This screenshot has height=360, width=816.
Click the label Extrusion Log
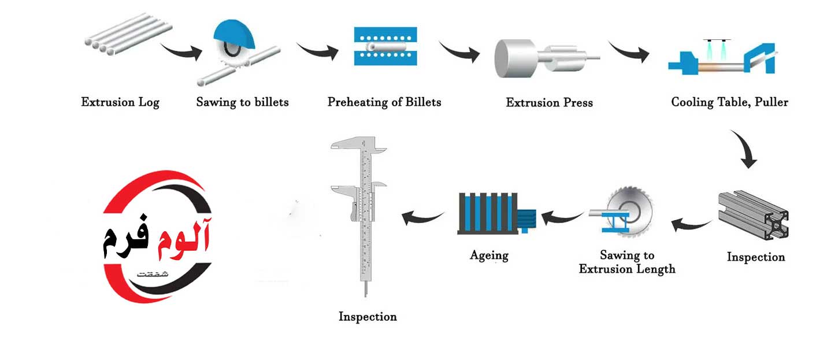[120, 103]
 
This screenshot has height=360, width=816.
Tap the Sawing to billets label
[242, 102]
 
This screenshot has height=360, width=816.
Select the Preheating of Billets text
[384, 102]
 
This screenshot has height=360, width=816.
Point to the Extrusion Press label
[549, 103]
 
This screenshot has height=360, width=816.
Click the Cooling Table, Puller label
[729, 102]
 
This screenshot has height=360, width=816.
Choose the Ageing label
[489, 255]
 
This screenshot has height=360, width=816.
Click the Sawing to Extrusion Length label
[627, 262]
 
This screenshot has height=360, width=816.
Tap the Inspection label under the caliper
[368, 317]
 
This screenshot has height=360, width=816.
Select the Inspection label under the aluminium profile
[756, 257]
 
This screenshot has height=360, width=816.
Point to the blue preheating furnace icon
[384, 47]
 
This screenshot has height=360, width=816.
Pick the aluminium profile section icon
[753, 215]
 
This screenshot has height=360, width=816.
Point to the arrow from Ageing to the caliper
[424, 217]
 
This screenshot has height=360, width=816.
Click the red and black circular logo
[157, 237]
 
